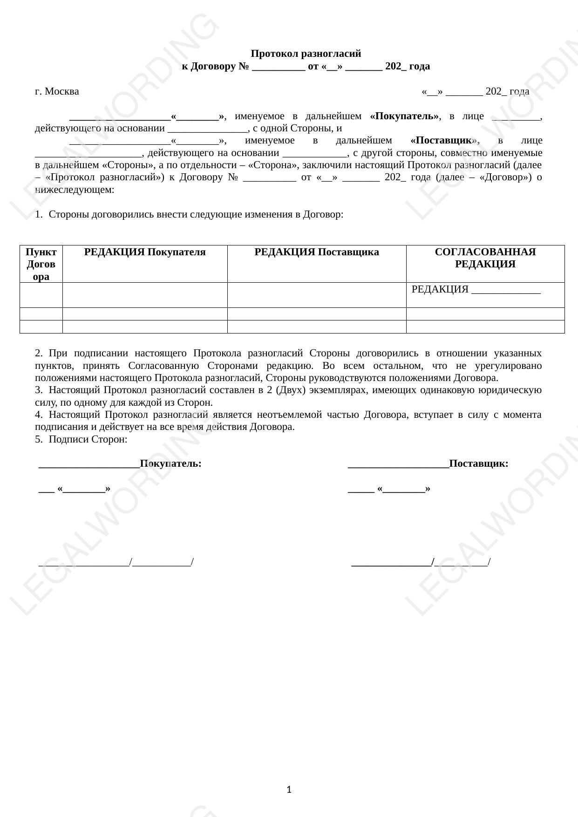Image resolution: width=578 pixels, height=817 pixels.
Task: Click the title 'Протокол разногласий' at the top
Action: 306,54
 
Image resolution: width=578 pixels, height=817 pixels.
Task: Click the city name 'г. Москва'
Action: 57,91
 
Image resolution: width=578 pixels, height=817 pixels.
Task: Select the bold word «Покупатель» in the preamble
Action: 404,116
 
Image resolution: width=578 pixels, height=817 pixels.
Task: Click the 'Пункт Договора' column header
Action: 41,264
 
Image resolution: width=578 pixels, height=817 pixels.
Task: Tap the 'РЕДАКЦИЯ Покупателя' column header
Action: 145,252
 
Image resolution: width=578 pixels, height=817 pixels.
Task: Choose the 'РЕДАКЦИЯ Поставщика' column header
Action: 317,252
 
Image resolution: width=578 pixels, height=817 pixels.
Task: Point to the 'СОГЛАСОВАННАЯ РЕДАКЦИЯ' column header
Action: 485,258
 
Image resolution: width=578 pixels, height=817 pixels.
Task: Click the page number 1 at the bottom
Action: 289,790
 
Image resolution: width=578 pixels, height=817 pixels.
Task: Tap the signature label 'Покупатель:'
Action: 170,464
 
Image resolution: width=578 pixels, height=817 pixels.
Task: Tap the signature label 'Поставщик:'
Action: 478,464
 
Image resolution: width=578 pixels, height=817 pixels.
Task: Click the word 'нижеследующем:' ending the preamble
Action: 75,190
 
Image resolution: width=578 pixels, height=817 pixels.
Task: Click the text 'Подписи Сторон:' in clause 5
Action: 88,439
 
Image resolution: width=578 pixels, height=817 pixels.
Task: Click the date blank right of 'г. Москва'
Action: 475,91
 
